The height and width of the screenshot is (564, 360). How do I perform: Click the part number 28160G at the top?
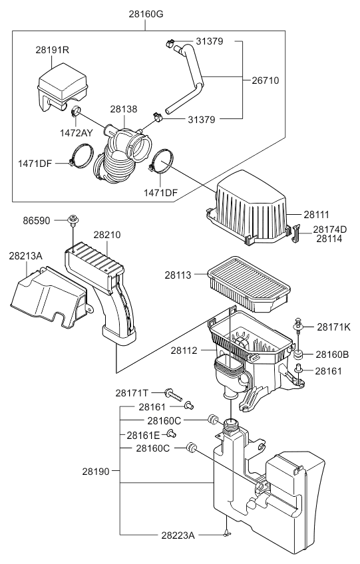[x=146, y=14]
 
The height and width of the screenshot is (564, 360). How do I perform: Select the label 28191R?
[x=52, y=50]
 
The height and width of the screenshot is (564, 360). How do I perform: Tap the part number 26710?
[x=266, y=80]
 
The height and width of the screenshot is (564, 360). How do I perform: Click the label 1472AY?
[x=77, y=133]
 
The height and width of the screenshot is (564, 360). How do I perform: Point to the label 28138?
[x=124, y=109]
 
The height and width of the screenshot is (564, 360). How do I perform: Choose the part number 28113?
[x=178, y=275]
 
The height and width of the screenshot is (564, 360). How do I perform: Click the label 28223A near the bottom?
[x=178, y=535]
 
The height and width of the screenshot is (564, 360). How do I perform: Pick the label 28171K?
[x=334, y=327]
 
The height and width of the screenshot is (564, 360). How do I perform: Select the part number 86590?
[x=37, y=221]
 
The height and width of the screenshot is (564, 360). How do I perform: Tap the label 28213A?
[x=25, y=256]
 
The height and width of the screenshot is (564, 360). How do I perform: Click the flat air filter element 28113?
[x=249, y=284]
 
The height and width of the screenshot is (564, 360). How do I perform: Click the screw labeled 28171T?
[x=174, y=394]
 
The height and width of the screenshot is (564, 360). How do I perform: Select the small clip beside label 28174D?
[x=297, y=233]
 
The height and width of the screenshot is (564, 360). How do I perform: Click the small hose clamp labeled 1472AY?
[x=76, y=110]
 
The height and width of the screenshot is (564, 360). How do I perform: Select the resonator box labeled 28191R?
[x=63, y=87]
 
